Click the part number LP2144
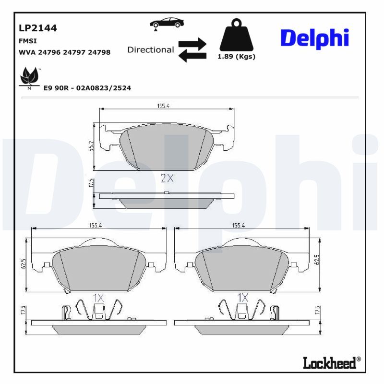(37, 28)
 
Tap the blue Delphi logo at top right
(314, 38)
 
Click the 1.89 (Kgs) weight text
(237, 57)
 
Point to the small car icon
(166, 23)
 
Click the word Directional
(151, 50)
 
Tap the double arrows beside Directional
(192, 50)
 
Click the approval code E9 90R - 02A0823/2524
(87, 88)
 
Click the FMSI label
(27, 41)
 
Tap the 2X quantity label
(167, 178)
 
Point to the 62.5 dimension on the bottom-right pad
(317, 260)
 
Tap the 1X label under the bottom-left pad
(98, 298)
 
